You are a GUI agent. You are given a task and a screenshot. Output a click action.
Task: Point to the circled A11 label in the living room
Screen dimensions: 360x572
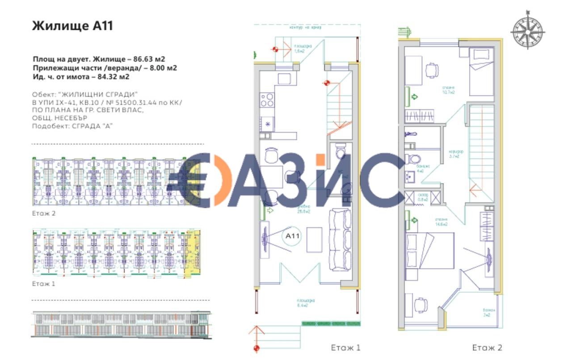(293, 236)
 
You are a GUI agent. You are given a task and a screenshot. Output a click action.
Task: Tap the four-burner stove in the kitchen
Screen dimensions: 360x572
(267, 99)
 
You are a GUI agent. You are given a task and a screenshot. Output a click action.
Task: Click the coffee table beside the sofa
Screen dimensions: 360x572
(315, 239)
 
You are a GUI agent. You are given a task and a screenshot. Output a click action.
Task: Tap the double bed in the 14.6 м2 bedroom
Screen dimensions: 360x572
(429, 250)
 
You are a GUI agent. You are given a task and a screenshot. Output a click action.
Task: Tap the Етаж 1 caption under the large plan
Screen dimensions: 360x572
(345, 347)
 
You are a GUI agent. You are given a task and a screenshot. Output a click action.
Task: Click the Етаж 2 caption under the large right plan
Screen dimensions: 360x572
(487, 347)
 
